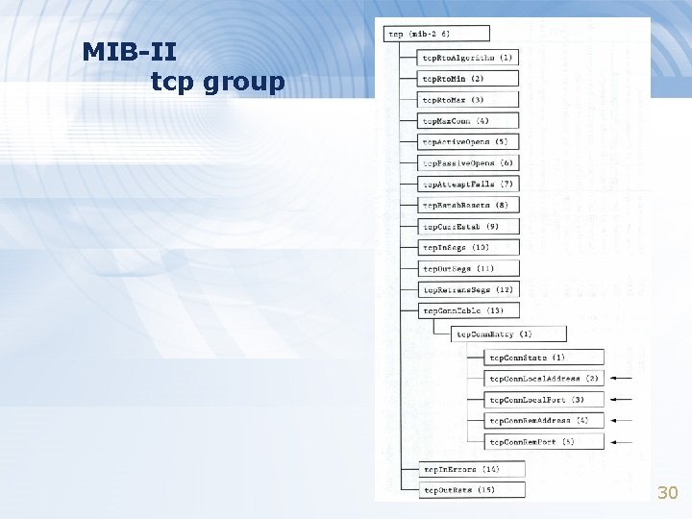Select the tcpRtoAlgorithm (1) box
tap(469, 58)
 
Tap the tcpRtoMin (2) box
tap(469, 79)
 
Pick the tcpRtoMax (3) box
tap(469, 100)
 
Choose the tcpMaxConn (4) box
tap(469, 121)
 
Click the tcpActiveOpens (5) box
tap(469, 142)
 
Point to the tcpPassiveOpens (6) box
tap(469, 163)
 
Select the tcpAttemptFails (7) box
tap(469, 184)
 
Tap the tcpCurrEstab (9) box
tap(469, 227)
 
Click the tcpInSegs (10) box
tap(469, 248)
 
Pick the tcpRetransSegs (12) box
tap(469, 289)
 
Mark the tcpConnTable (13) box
tap(469, 310)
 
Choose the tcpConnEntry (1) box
tap(508, 334)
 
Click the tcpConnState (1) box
tap(544, 358)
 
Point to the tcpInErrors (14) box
tap(473, 469)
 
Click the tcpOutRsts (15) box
tap(473, 490)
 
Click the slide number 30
tap(667, 493)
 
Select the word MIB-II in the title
tap(129, 51)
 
